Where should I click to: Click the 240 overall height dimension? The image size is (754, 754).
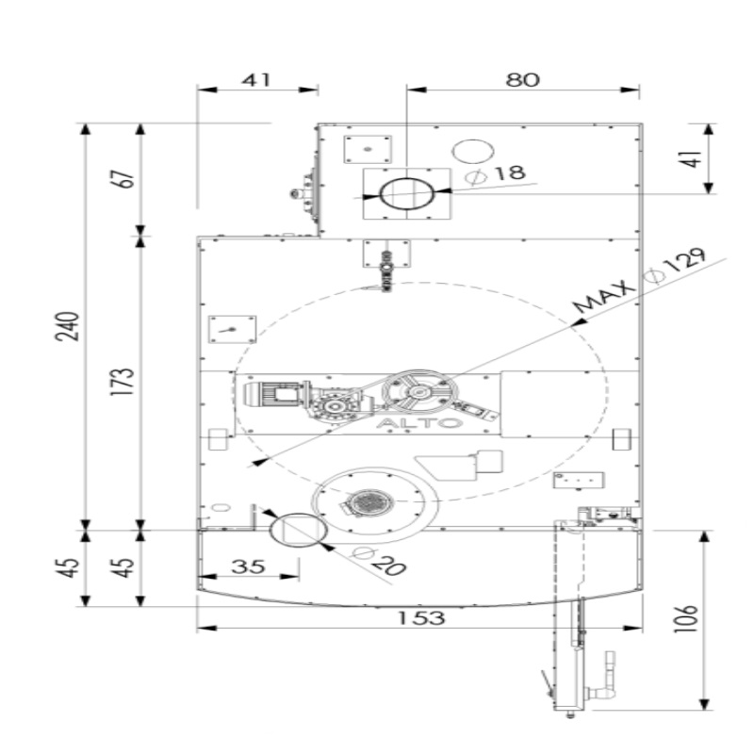(67, 326)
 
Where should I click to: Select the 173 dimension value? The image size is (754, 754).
(122, 382)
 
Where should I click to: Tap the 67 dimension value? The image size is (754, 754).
(122, 179)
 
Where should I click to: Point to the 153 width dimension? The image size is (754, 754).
(421, 617)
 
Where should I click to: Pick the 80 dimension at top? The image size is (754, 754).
(523, 79)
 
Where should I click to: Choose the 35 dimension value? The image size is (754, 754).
(248, 566)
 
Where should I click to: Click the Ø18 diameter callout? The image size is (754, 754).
(497, 174)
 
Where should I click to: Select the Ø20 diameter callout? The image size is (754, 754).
(379, 562)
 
